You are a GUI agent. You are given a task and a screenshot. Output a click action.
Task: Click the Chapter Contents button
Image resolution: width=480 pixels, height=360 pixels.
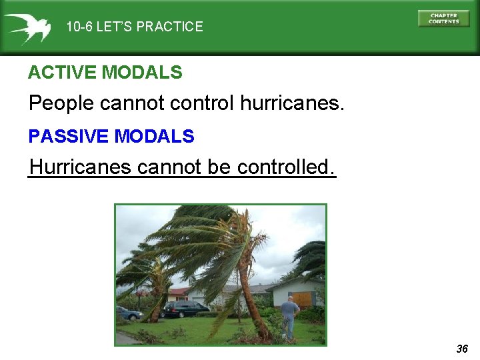(x=443, y=18)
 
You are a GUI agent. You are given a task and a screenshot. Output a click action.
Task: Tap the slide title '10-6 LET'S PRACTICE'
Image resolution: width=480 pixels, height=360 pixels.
(x=134, y=27)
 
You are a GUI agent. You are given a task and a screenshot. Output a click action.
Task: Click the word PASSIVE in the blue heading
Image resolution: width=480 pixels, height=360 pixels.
(x=68, y=137)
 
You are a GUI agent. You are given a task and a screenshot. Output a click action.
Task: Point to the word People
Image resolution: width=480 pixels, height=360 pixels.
(x=61, y=104)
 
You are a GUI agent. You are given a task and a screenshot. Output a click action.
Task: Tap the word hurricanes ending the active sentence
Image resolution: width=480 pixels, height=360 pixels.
(x=291, y=104)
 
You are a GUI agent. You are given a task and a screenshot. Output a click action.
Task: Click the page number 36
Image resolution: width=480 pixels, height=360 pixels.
(x=462, y=349)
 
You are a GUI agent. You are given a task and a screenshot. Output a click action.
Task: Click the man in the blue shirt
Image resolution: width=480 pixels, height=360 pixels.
(x=289, y=316)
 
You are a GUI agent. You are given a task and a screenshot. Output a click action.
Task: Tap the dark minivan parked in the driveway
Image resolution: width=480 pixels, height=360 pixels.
(x=185, y=309)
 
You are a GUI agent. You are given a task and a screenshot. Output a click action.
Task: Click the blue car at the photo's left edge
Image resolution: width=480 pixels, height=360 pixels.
(x=129, y=313)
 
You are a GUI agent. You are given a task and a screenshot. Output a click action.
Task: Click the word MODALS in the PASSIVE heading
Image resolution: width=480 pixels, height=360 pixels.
(x=154, y=137)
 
